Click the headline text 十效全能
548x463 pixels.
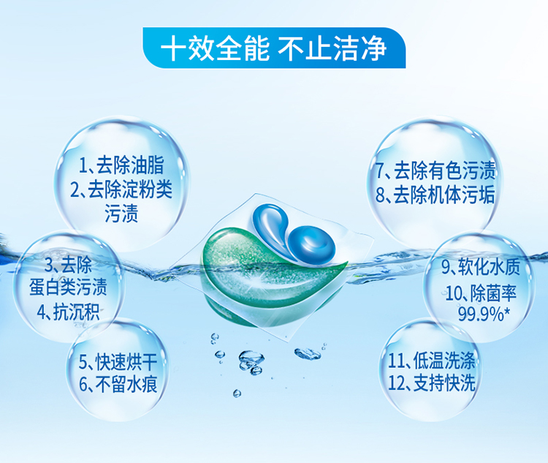click(x=215, y=48)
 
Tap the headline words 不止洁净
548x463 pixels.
click(x=332, y=48)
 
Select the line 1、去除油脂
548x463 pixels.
click(x=121, y=165)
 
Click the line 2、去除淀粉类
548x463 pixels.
click(x=121, y=189)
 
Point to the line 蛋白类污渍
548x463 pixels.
click(x=68, y=287)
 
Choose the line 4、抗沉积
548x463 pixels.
click(x=68, y=312)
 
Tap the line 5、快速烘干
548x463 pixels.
click(x=118, y=361)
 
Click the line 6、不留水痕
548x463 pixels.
click(x=118, y=384)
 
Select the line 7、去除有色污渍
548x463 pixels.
click(x=435, y=170)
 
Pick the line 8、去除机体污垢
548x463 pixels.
click(x=435, y=195)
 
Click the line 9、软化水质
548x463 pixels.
click(x=481, y=267)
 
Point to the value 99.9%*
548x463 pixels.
click(x=482, y=315)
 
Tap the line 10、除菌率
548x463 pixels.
click(x=481, y=293)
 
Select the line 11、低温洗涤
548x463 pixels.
click(x=431, y=360)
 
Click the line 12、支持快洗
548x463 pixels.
click(x=431, y=383)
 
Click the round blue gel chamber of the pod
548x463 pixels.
click(x=311, y=244)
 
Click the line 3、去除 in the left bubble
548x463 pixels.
click(x=68, y=265)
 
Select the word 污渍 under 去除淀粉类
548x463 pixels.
click(x=121, y=213)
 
